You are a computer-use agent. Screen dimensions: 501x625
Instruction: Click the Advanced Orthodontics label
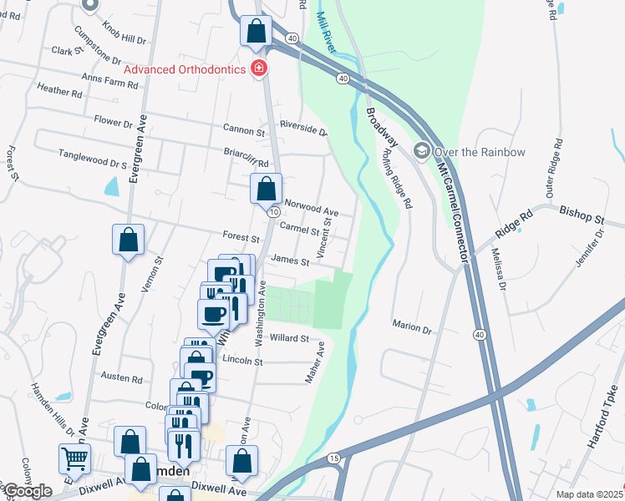pos(184,68)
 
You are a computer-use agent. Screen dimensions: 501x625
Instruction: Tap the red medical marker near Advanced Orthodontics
pos(260,68)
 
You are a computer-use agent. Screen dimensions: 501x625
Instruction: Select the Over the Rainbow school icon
pos(422,151)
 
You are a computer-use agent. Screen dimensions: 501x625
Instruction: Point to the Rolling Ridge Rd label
pos(396,178)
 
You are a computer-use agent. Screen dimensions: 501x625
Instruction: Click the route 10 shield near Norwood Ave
pos(273,213)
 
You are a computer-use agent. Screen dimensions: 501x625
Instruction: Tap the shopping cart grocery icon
pos(74,458)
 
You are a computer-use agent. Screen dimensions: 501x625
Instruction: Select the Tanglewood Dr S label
pos(92,155)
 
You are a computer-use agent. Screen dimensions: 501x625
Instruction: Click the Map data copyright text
pos(589,494)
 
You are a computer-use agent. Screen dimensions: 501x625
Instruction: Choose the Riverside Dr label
pos(303,129)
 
